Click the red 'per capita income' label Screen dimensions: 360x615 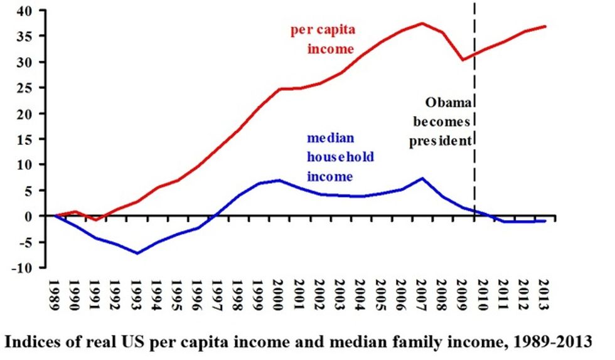point(323,39)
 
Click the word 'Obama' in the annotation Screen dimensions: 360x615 point(446,102)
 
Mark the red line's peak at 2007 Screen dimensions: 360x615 point(422,23)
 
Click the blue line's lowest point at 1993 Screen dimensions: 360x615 point(137,253)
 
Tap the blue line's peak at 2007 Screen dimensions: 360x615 point(422,178)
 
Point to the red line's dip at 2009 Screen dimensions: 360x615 point(463,60)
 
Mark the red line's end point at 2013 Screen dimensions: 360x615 point(545,26)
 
